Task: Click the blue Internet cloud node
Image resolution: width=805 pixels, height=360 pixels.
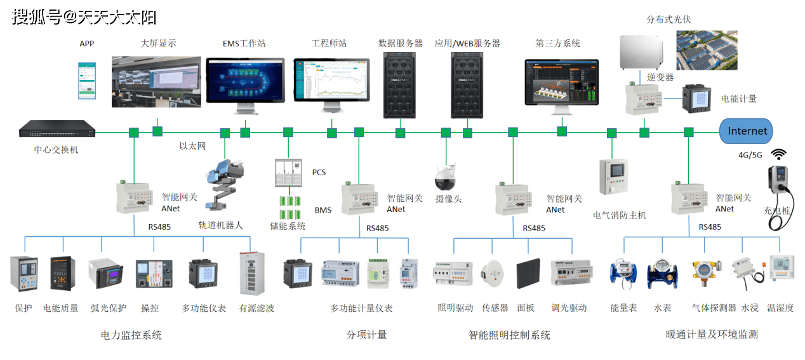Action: pyautogui.click(x=747, y=131)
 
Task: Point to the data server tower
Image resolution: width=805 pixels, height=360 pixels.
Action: pyautogui.click(x=399, y=85)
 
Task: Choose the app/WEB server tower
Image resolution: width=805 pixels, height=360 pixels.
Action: pyautogui.click(x=467, y=85)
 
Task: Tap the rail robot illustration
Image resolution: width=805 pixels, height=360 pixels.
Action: pyautogui.click(x=225, y=184)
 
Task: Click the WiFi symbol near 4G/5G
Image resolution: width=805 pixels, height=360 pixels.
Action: pyautogui.click(x=779, y=154)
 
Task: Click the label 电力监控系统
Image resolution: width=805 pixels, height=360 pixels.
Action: pyautogui.click(x=131, y=335)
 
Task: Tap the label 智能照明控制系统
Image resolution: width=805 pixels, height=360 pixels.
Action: pyautogui.click(x=509, y=335)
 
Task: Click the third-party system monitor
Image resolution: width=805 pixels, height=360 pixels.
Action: pyautogui.click(x=561, y=84)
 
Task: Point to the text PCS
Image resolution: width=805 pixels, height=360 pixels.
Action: pyautogui.click(x=318, y=173)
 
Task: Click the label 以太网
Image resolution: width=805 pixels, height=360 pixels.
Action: pyautogui.click(x=192, y=146)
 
